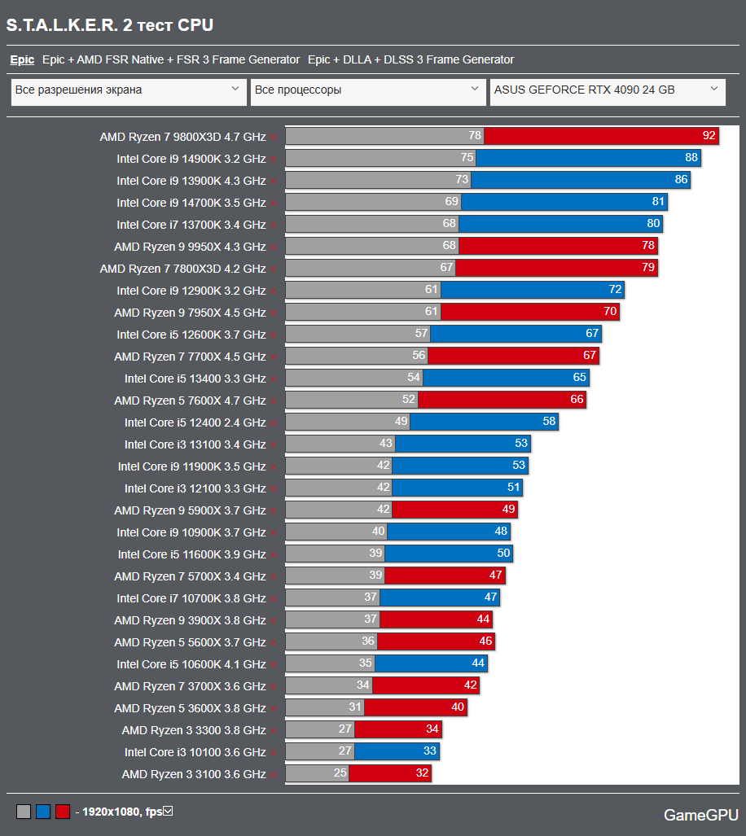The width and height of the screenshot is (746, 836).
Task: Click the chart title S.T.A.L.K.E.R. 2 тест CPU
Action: pyautogui.click(x=110, y=25)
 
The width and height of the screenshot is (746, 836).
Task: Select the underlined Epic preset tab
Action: pyautogui.click(x=22, y=59)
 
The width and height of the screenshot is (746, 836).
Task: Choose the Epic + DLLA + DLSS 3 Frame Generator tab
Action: pyautogui.click(x=410, y=59)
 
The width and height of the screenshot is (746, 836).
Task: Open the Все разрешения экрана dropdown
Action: pyautogui.click(x=129, y=90)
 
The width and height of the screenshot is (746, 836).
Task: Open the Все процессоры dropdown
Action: pyautogui.click(x=367, y=90)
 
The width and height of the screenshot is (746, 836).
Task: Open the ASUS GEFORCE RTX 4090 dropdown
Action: pyautogui.click(x=608, y=90)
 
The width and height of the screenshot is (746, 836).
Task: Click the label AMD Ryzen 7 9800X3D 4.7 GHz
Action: pyautogui.click(x=182, y=137)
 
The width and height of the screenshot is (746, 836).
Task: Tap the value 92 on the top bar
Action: pyautogui.click(x=709, y=136)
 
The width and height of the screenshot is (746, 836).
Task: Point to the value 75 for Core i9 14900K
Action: pyautogui.click(x=467, y=158)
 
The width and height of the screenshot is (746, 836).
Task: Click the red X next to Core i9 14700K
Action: pyautogui.click(x=274, y=203)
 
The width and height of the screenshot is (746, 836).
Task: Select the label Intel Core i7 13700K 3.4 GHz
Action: pyautogui.click(x=191, y=225)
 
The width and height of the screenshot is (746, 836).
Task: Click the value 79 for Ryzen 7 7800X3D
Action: pyautogui.click(x=648, y=268)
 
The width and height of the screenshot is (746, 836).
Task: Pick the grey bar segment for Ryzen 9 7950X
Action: pyautogui.click(x=362, y=312)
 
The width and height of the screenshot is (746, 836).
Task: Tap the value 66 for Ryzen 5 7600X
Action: pyautogui.click(x=577, y=400)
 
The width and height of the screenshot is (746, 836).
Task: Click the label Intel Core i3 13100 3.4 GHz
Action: pyautogui.click(x=195, y=444)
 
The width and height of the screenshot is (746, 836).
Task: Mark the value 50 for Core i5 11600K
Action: pyautogui.click(x=503, y=554)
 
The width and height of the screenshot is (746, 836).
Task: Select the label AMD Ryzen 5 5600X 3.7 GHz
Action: pyautogui.click(x=190, y=642)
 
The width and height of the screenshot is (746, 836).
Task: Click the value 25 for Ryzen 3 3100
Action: pyautogui.click(x=340, y=773)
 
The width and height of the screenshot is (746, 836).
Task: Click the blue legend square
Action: pyautogui.click(x=43, y=812)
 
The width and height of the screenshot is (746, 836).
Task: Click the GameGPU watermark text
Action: pyautogui.click(x=700, y=815)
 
